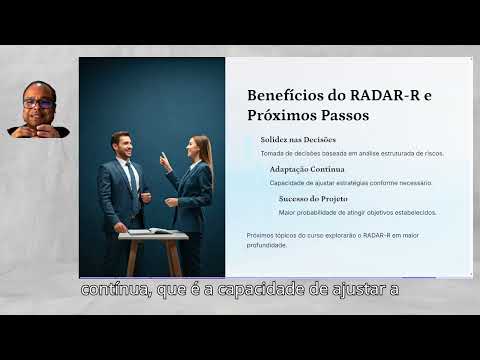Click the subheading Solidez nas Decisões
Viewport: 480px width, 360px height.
click(298, 140)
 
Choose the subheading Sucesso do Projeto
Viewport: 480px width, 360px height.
click(311, 199)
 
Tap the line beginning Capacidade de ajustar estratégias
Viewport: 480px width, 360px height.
click(350, 182)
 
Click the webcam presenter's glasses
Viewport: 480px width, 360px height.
click(39, 102)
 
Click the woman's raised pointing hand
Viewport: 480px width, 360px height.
click(163, 160)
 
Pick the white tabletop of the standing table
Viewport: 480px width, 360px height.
click(152, 236)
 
